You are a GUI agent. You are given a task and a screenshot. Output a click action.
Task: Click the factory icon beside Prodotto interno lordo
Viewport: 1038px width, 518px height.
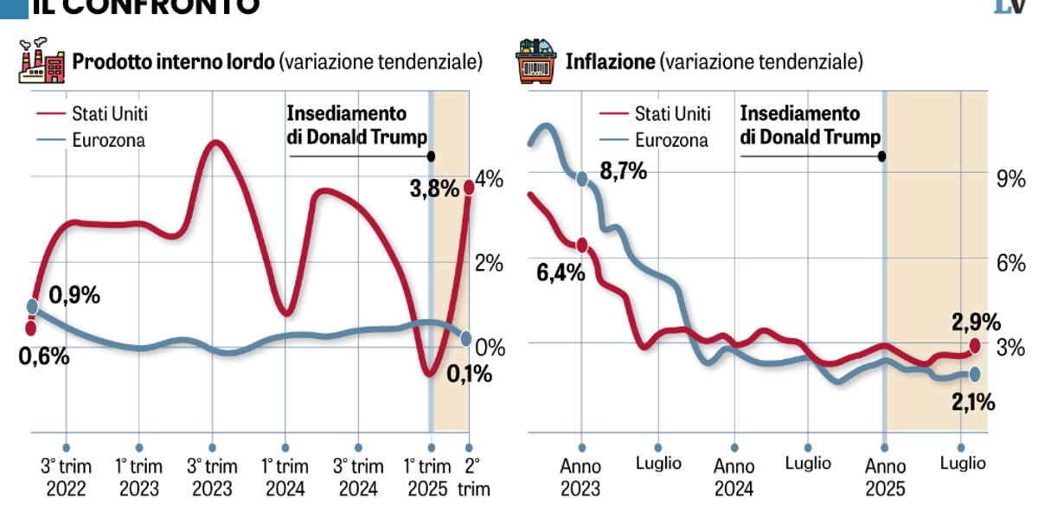41,61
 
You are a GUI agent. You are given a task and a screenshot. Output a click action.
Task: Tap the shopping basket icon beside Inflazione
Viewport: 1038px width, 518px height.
535,61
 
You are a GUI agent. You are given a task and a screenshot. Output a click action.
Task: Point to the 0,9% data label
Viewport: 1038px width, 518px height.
75,295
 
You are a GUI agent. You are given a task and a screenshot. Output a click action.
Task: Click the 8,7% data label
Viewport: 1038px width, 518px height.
622,171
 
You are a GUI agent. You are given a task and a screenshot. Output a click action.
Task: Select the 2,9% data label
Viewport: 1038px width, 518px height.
976,323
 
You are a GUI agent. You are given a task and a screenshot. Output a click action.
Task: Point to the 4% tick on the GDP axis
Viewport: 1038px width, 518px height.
489,180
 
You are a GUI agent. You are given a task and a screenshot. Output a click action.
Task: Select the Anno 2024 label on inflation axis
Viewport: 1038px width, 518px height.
734,476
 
